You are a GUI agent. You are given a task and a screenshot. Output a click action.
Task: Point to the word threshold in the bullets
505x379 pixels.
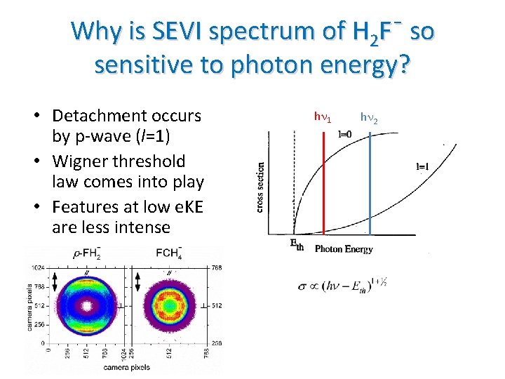[153, 161]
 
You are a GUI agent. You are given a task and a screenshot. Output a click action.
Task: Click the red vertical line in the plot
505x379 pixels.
[323, 182]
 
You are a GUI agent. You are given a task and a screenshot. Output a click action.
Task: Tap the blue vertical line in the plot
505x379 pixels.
[369, 182]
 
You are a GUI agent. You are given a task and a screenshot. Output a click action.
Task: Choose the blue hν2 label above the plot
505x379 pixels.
[369, 119]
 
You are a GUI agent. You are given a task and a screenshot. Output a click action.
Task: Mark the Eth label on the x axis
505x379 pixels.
[297, 244]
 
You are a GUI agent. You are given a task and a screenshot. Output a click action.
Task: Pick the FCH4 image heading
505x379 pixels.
[169, 254]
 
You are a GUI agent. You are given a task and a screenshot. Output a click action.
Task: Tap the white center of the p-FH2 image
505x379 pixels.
[87, 307]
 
